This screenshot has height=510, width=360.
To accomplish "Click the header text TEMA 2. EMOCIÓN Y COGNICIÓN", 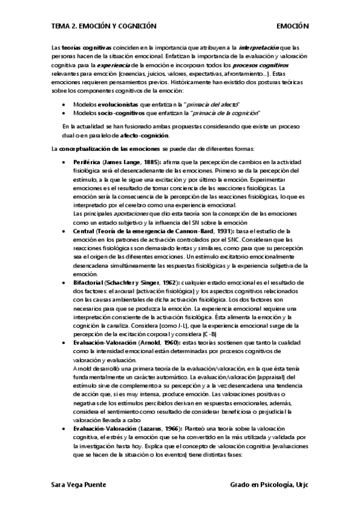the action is [x=103, y=26].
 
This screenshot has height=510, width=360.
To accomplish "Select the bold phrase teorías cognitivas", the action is [x=87, y=46].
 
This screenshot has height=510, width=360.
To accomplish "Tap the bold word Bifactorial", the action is [x=87, y=282].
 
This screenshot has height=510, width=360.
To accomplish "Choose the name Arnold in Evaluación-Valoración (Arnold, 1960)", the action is [x=139, y=342].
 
